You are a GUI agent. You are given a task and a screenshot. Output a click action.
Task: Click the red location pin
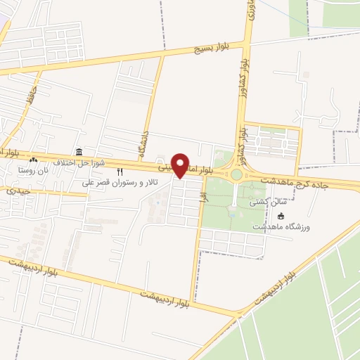[181, 165]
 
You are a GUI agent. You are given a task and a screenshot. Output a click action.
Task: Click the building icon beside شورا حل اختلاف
[79, 153]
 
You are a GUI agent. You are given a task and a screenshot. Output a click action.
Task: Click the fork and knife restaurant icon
[120, 171]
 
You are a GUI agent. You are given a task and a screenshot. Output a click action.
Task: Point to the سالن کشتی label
[267, 202]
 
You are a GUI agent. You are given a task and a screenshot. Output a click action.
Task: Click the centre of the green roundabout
[237, 174]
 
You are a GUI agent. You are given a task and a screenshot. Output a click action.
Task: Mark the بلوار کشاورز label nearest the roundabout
[241, 139]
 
